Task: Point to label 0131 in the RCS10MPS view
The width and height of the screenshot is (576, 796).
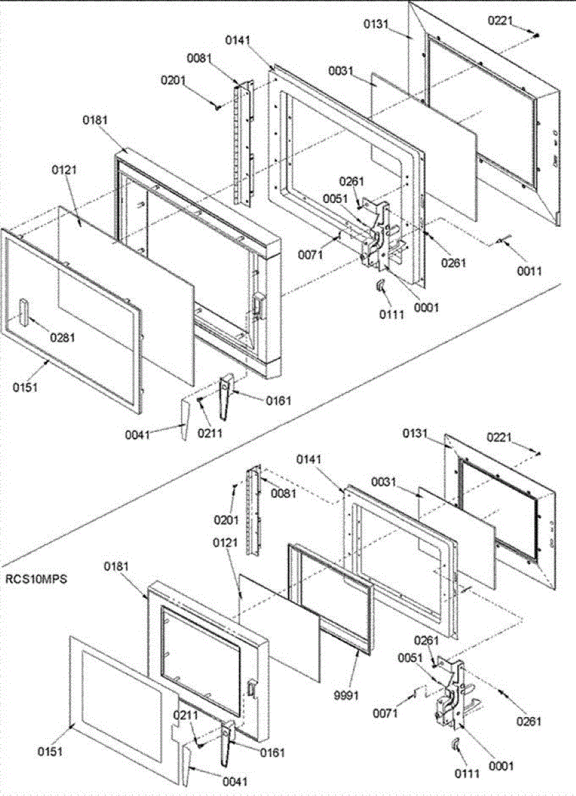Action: pyautogui.click(x=416, y=433)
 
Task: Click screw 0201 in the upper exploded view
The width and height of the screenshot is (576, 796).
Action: pyautogui.click(x=218, y=106)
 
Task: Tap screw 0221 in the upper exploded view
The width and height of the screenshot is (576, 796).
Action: pyautogui.click(x=537, y=34)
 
